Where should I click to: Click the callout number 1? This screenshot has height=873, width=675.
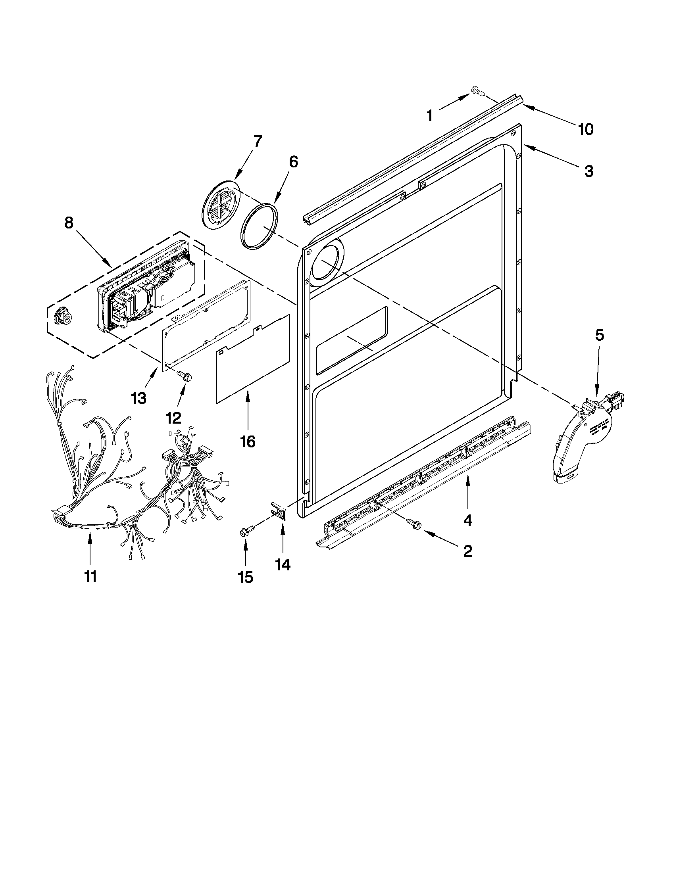(x=429, y=116)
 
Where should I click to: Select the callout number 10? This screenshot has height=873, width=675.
(x=585, y=129)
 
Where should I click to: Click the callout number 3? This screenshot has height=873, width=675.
(x=588, y=171)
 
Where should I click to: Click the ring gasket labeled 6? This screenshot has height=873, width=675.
(x=259, y=226)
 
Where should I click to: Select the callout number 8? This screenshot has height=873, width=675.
(x=69, y=223)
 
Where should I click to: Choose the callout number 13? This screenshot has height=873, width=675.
(x=138, y=398)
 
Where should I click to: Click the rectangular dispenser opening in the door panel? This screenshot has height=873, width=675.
(x=352, y=340)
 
